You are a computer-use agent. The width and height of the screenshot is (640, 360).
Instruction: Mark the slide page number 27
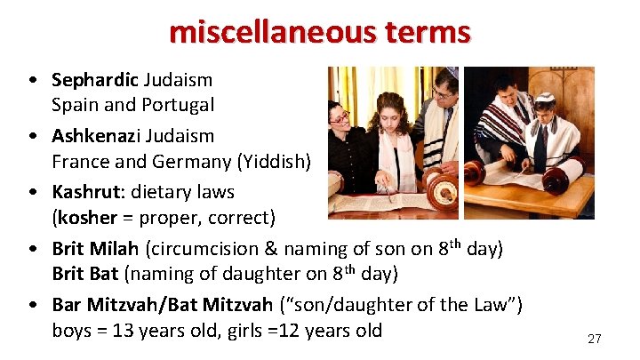coord(594,339)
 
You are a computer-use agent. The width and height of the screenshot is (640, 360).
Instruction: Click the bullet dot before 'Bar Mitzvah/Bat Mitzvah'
coord(33,306)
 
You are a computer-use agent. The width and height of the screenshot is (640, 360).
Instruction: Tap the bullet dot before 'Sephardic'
coord(33,80)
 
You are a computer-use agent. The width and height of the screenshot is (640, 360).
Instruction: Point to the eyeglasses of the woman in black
coord(339,116)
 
